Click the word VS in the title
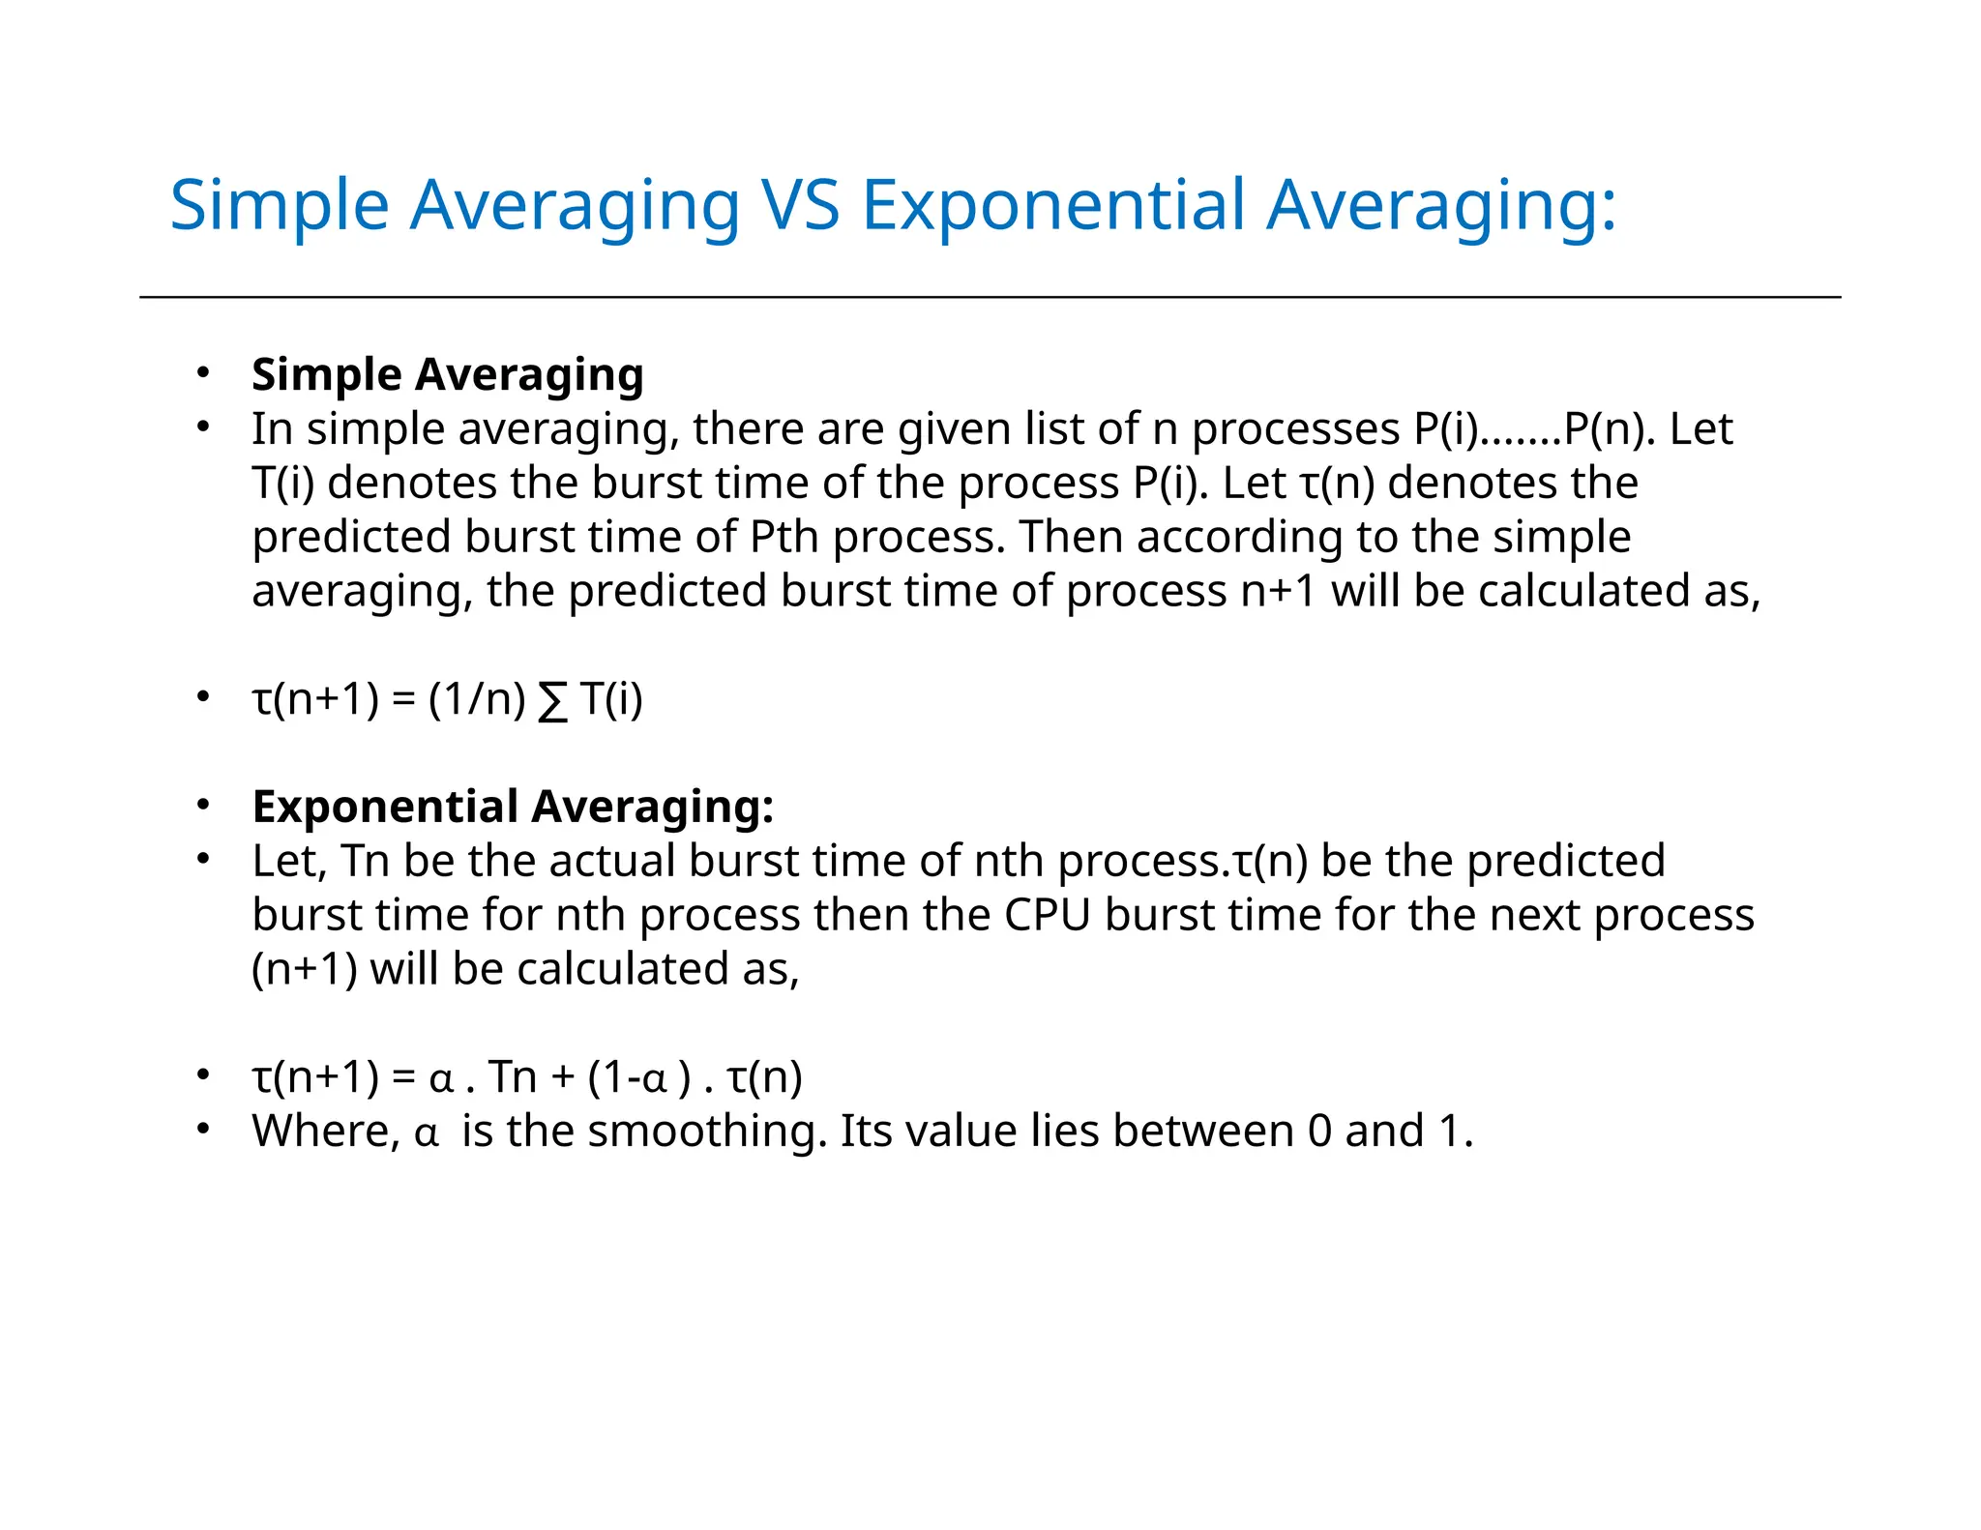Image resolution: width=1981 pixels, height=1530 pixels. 801,205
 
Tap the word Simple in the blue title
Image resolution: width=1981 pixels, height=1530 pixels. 279,205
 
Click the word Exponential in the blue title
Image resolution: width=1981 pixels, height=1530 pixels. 1052,205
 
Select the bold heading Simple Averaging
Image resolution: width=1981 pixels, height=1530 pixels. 447,374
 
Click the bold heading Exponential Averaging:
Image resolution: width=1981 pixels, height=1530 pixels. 513,807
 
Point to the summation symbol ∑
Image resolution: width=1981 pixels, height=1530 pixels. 552,700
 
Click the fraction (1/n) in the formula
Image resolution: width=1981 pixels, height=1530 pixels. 477,698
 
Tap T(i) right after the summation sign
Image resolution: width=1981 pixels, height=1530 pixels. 611,698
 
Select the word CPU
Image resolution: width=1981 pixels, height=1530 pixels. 1048,915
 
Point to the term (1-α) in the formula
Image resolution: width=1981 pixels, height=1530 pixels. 639,1076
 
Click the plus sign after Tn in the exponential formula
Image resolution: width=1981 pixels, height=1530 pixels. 562,1077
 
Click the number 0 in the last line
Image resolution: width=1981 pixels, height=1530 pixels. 1319,1131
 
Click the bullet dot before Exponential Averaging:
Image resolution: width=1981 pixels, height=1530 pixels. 202,806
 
